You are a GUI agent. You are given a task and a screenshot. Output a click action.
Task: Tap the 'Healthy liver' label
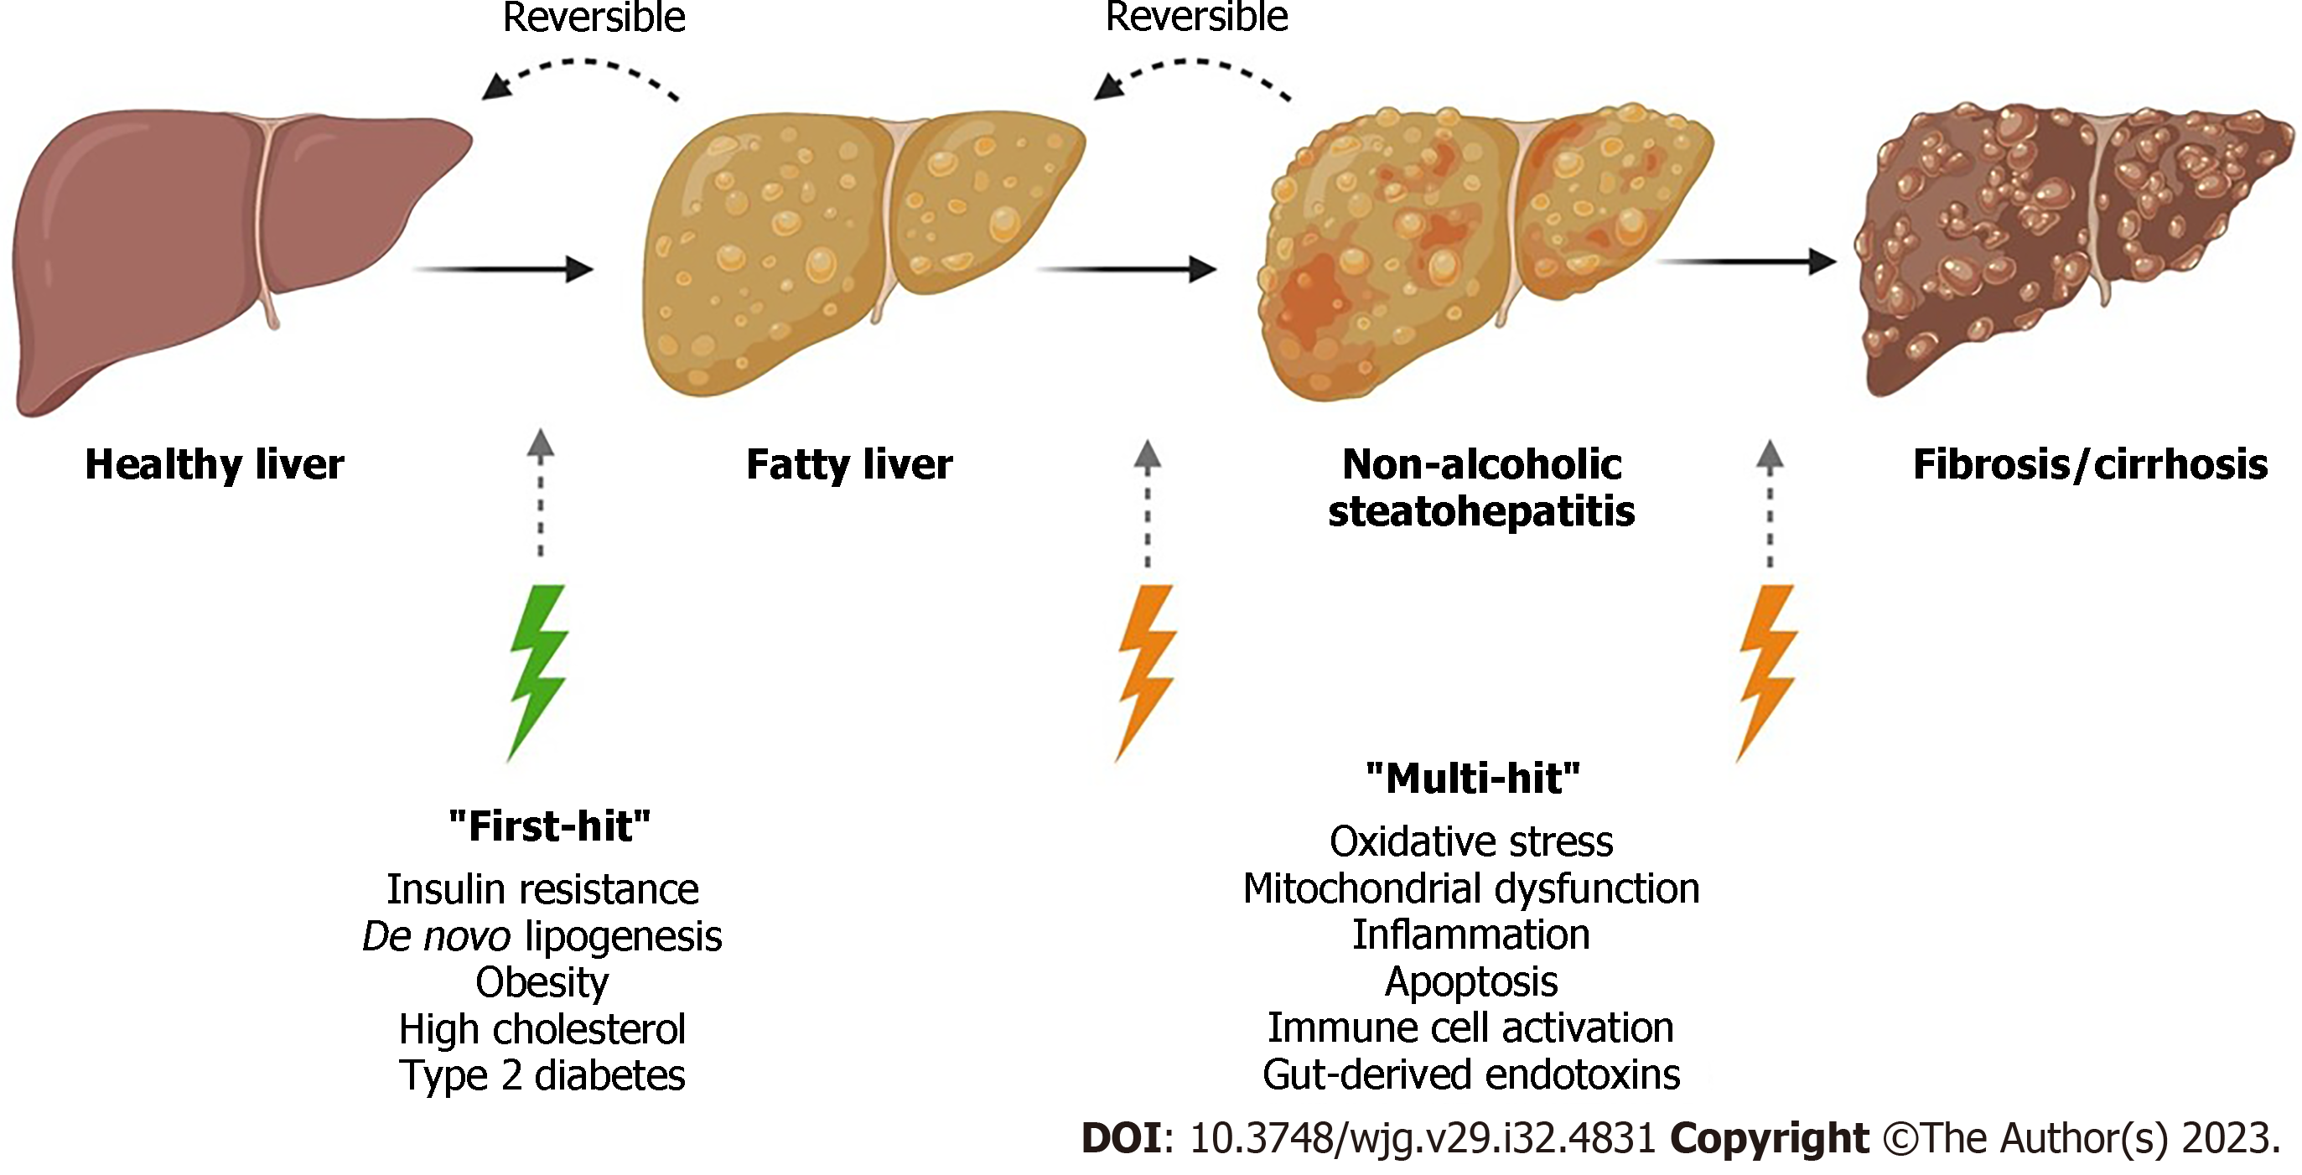[215, 465]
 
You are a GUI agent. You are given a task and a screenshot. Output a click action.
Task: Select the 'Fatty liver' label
[850, 465]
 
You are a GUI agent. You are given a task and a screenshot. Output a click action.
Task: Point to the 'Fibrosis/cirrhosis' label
[2090, 465]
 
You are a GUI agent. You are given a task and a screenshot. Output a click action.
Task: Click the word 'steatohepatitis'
[1481, 512]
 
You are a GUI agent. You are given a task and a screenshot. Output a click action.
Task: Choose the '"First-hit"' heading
[550, 826]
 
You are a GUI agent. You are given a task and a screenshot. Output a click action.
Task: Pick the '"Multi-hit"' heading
[1474, 779]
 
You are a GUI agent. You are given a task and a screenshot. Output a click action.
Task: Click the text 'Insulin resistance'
[542, 890]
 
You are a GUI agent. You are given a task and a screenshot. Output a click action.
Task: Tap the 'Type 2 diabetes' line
[542, 1076]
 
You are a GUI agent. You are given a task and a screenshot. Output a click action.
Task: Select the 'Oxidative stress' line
[1472, 841]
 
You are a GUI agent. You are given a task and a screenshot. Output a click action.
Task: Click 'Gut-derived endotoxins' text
[1472, 1075]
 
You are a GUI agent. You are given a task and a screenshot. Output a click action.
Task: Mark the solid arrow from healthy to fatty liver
[504, 268]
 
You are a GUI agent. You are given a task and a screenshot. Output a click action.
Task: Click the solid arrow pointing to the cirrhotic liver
[1747, 261]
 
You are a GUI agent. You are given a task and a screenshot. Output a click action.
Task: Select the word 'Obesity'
[542, 983]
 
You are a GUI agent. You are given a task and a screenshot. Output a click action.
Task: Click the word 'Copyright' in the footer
[1770, 1138]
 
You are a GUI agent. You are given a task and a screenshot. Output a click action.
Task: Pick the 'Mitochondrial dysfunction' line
[1472, 889]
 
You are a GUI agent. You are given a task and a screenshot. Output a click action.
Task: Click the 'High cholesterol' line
[542, 1029]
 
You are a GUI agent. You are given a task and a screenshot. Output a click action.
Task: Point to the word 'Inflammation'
[1471, 935]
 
